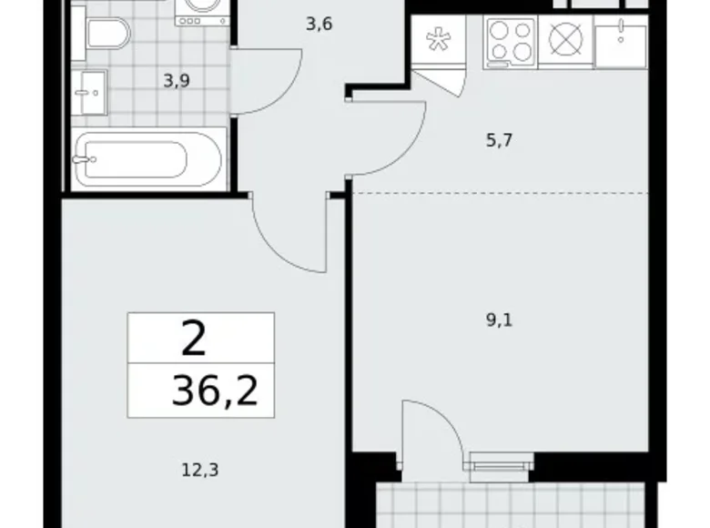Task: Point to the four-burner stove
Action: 511,41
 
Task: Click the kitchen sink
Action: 620,41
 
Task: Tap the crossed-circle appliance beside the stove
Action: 566,41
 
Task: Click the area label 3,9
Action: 176,80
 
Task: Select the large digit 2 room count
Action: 193,340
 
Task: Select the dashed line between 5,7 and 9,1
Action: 501,193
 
